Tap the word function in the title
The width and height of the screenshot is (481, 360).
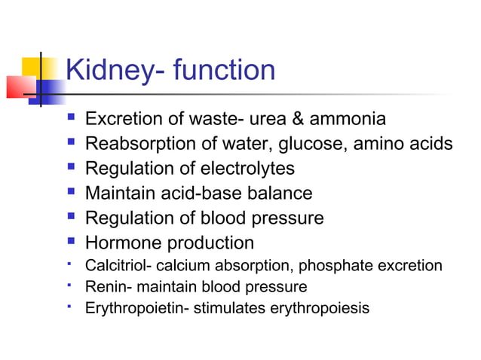click(225, 71)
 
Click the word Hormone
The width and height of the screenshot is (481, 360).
click(121, 243)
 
